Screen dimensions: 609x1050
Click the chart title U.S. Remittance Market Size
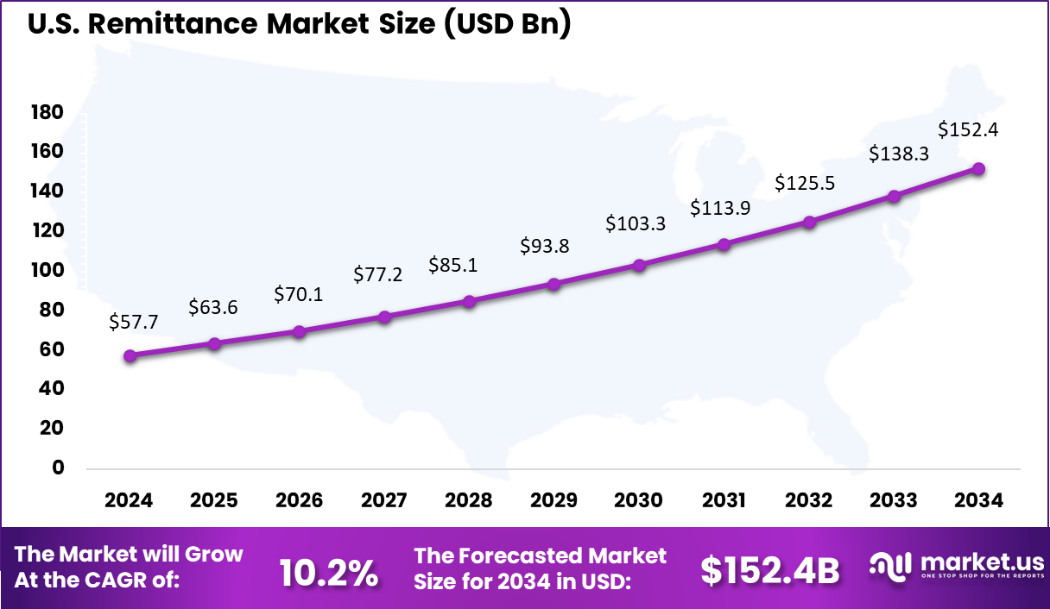[x=299, y=25]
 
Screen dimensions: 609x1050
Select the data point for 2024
[x=130, y=355]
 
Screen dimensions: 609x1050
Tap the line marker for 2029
[x=554, y=284]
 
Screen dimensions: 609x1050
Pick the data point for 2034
[x=978, y=169]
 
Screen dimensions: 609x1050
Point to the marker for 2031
[x=724, y=244]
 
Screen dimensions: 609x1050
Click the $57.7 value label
[x=133, y=322]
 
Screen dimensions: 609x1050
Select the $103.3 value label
[x=636, y=224]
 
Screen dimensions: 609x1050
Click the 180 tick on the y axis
[x=47, y=112]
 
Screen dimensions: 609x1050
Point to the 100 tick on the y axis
[x=47, y=270]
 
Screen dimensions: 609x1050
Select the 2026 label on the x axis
[x=299, y=500]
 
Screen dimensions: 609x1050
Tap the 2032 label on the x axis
[x=809, y=500]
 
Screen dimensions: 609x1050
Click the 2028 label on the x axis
[x=469, y=500]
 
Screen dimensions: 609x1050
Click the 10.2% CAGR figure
[x=329, y=572]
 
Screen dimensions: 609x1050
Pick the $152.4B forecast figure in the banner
[x=769, y=570]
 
